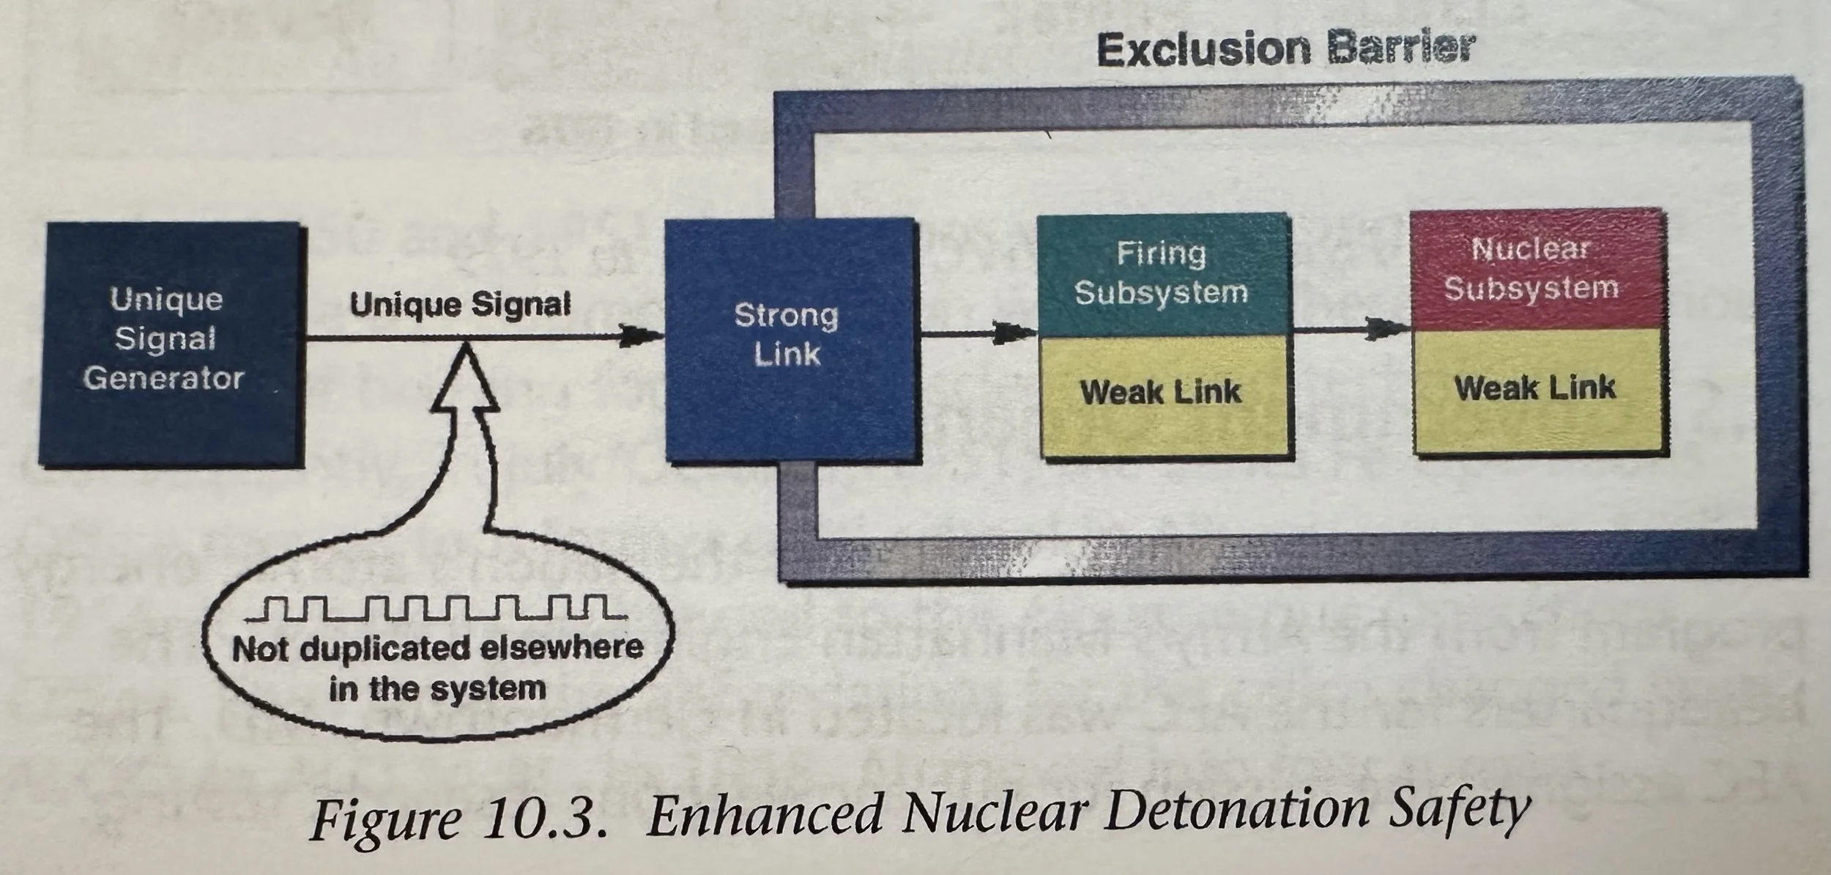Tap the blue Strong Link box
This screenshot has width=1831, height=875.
790,339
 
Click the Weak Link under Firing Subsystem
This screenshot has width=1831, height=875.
1162,394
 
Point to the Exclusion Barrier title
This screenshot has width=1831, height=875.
1285,50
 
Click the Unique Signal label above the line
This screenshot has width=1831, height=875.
460,304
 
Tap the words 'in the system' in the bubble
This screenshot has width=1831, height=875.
437,689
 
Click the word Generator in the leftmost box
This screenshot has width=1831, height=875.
163,380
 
